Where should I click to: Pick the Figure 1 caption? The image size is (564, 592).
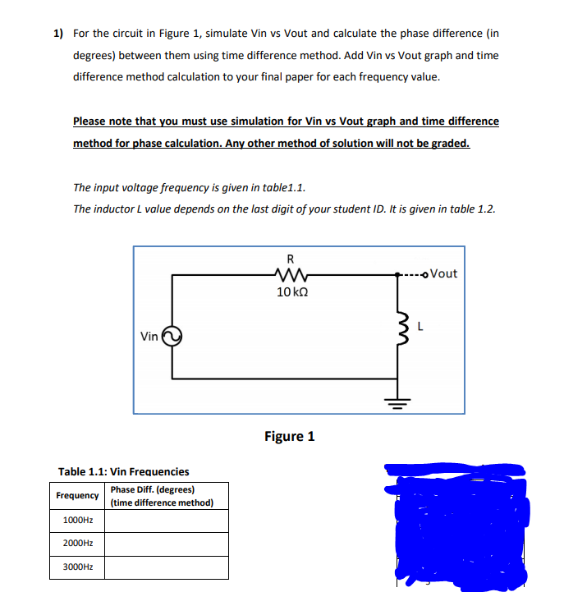289,436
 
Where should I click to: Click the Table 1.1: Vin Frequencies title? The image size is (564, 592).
123,471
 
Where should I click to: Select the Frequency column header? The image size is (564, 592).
78,496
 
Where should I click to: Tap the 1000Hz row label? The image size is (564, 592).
78,521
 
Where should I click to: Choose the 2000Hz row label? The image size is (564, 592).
78,544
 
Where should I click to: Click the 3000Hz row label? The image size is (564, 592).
78,567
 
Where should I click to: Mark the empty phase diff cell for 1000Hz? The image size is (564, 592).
165,521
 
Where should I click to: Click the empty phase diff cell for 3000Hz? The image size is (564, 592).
165,567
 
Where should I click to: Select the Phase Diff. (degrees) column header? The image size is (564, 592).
162,496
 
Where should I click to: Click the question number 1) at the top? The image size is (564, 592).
58,34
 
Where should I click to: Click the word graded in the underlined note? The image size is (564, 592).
452,143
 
